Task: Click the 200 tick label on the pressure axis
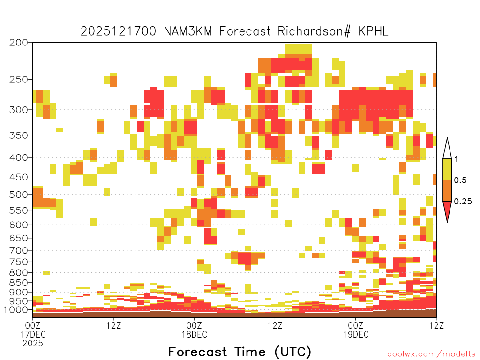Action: pos(19,43)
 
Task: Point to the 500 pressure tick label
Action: pos(19,195)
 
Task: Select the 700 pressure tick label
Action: pos(19,250)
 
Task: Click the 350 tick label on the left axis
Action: pos(19,135)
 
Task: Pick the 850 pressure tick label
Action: pos(19,283)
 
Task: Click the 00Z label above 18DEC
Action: pos(194,325)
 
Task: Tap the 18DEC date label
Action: pos(194,334)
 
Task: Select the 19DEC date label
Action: pos(356,334)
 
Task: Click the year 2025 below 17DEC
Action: pos(33,344)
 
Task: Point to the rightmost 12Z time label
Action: pos(436,325)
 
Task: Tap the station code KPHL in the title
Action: pos(373,31)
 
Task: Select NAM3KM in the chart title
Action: pos(188,31)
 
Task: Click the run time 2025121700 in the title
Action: pos(119,31)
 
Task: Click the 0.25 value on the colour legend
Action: pos(463,201)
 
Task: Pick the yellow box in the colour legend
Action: pos(447,169)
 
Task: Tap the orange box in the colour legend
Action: pos(447,190)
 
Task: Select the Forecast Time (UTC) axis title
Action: pos(240,352)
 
